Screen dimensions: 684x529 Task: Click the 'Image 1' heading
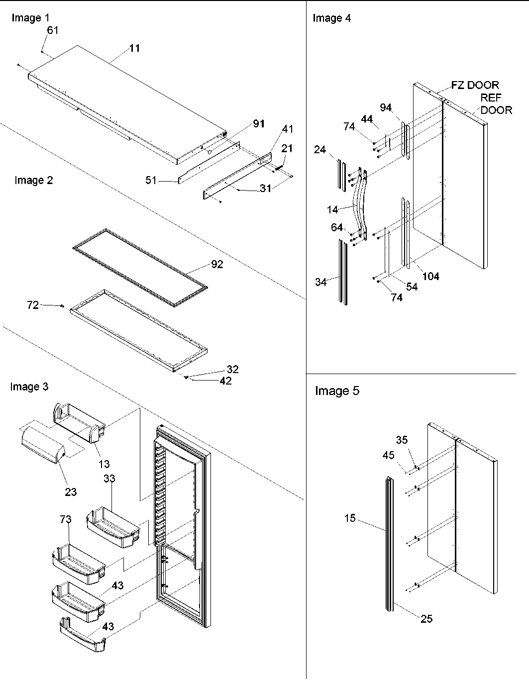(30, 18)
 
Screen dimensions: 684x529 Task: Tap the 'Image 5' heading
(337, 391)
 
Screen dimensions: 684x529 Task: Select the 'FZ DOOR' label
(475, 85)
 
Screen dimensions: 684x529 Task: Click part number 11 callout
(135, 48)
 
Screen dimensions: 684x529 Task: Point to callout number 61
(53, 30)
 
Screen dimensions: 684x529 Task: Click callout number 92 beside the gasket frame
(217, 264)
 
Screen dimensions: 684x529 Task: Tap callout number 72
(32, 305)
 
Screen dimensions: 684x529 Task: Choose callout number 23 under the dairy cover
(71, 491)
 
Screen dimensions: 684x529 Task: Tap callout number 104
(430, 276)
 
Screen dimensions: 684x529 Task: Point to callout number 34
(321, 282)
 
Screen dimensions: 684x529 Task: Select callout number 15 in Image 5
(350, 518)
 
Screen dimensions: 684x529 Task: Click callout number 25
(426, 619)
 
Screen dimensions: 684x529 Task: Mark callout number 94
(386, 107)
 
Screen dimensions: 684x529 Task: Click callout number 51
(151, 181)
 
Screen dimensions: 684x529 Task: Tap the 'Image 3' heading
(29, 387)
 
